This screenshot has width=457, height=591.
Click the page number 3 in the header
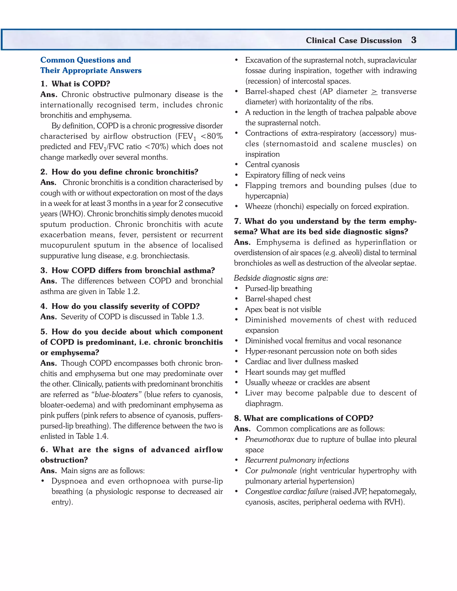(x=413, y=40)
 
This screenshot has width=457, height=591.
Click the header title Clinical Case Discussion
(x=354, y=41)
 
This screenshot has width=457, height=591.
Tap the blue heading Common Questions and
(x=85, y=60)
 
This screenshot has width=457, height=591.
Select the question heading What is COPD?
(x=81, y=84)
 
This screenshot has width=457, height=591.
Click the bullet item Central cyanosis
(x=272, y=165)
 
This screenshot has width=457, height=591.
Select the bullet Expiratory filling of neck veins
(x=295, y=175)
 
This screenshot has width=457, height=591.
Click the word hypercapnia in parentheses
(x=266, y=196)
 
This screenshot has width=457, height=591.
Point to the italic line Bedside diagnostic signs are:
(x=281, y=278)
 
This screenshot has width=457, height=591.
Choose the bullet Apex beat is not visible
(x=283, y=309)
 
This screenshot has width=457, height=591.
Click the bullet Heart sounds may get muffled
(x=295, y=372)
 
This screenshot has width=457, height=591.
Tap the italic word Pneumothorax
(x=269, y=439)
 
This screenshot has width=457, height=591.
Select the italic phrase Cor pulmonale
(x=271, y=471)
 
